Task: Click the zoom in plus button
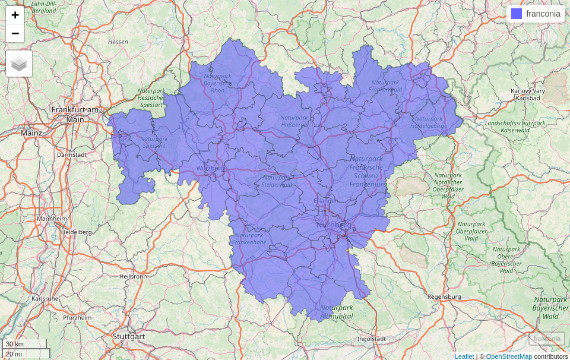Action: (x=15, y=15)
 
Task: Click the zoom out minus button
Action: (x=15, y=33)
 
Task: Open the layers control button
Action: (x=19, y=64)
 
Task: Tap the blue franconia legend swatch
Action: (x=517, y=14)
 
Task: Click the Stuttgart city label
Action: (x=129, y=336)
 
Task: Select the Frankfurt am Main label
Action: (x=75, y=114)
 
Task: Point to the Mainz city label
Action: (x=31, y=133)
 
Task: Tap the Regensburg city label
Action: (x=444, y=296)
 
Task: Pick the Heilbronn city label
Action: (x=133, y=276)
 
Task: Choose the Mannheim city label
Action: (x=52, y=219)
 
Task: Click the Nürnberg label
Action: (x=334, y=225)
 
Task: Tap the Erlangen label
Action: (x=326, y=201)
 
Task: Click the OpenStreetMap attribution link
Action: (x=509, y=356)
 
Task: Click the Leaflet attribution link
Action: (x=464, y=356)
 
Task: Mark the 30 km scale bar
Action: (x=24, y=344)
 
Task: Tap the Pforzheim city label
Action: (x=77, y=318)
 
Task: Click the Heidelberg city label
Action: (x=76, y=232)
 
